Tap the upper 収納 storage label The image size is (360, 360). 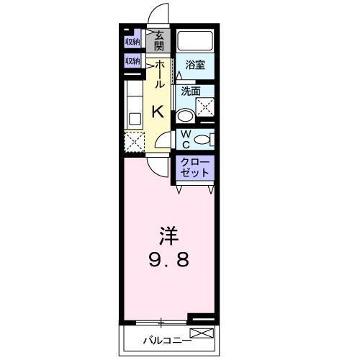click(132, 42)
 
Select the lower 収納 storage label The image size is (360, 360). click(132, 61)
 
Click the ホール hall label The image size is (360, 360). click(159, 73)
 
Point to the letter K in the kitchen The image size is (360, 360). click(158, 112)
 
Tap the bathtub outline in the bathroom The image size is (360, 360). click(195, 41)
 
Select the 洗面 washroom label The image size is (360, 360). click(191, 91)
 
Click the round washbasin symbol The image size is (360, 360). click(184, 114)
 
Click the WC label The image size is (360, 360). click(184, 137)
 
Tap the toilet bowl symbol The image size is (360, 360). click(203, 139)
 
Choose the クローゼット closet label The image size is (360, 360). click(196, 167)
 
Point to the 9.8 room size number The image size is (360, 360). click(170, 260)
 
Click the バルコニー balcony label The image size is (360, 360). click(166, 338)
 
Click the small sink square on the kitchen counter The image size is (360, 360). click(134, 117)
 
